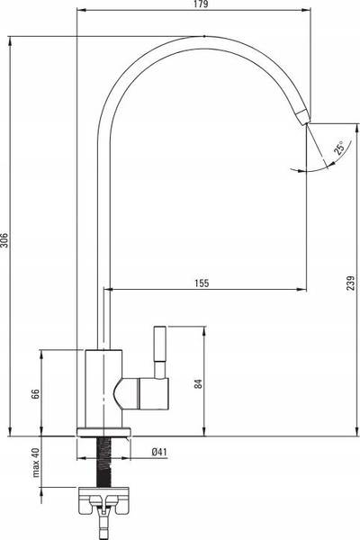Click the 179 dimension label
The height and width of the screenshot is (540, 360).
coord(202,4)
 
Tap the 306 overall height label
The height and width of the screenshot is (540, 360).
coord(4,240)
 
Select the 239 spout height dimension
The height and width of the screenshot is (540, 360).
coord(351,283)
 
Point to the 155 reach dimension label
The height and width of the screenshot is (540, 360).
coord(202,283)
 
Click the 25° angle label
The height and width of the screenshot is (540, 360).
coord(338,148)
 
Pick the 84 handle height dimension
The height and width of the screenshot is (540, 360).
coord(198,384)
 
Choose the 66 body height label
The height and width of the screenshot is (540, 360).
coord(35,393)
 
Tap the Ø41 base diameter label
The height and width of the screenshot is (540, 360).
coord(159,452)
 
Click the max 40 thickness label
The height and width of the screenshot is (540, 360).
coord(36,463)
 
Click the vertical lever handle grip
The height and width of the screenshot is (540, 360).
coord(160,343)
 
